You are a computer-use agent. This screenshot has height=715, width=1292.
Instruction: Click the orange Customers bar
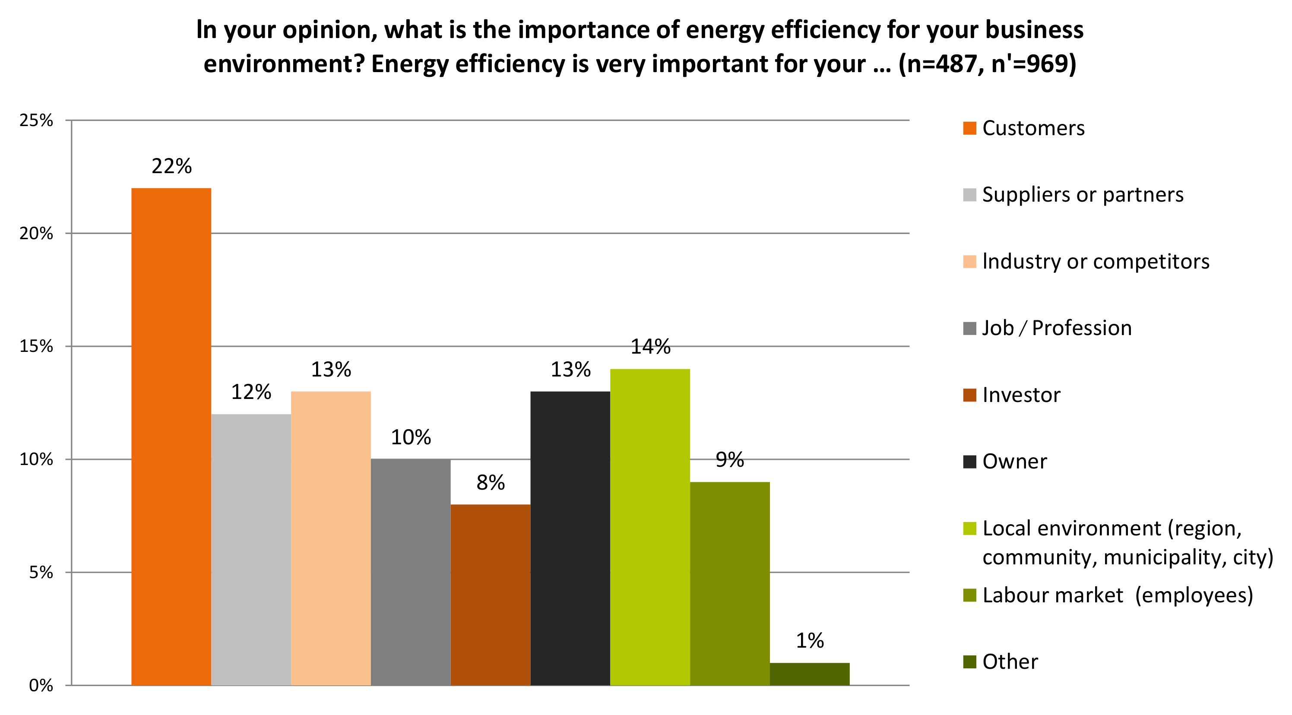pyautogui.click(x=171, y=436)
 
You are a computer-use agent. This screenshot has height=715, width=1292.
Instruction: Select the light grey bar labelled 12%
pyautogui.click(x=251, y=549)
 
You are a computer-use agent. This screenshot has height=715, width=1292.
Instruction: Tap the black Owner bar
pyautogui.click(x=570, y=538)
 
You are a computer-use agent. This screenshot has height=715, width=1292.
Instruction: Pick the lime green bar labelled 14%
pyautogui.click(x=650, y=526)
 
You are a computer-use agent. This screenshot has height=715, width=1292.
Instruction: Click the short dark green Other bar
pyautogui.click(x=810, y=674)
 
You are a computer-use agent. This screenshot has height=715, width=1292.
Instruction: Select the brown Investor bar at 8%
pyautogui.click(x=491, y=594)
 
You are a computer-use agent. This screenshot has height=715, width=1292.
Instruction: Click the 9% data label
pyautogui.click(x=730, y=460)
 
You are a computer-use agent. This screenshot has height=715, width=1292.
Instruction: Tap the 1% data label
pyautogui.click(x=810, y=641)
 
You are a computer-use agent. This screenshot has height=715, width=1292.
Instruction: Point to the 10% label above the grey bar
pyautogui.click(x=411, y=437)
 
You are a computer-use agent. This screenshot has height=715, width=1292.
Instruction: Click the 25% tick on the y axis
pyautogui.click(x=36, y=120)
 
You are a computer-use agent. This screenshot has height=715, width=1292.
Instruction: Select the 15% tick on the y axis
pyautogui.click(x=36, y=346)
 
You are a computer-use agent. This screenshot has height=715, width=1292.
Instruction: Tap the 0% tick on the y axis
pyautogui.click(x=40, y=685)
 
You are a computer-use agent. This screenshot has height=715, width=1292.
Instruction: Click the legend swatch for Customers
pyautogui.click(x=969, y=128)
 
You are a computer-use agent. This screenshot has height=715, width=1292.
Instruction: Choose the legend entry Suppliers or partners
pyautogui.click(x=1082, y=195)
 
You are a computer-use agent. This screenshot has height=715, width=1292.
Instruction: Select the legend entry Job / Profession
pyautogui.click(x=1057, y=328)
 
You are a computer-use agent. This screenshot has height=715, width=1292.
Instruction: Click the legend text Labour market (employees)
pyautogui.click(x=1118, y=595)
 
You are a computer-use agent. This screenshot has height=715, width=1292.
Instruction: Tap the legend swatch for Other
pyautogui.click(x=969, y=662)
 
